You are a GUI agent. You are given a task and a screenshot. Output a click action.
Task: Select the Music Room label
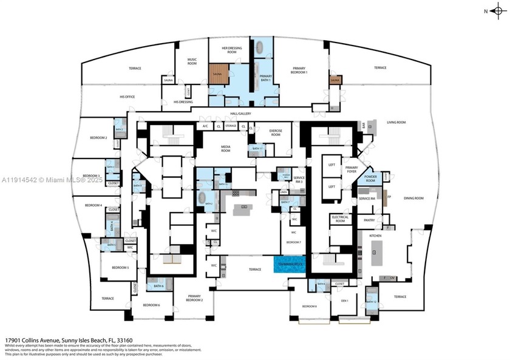tap(192, 61)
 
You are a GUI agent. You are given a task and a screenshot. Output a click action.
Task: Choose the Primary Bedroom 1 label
tap(299, 70)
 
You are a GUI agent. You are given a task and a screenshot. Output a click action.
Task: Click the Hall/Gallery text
tap(240, 114)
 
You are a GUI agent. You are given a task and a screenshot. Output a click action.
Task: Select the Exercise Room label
tap(267, 133)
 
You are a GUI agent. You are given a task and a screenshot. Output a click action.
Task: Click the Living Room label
tap(396, 122)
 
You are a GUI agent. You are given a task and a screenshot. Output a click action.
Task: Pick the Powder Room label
tap(370, 178)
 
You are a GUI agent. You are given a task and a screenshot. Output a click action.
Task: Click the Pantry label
tap(369, 220)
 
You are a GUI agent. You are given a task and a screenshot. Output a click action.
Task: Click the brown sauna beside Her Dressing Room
tap(217, 74)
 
